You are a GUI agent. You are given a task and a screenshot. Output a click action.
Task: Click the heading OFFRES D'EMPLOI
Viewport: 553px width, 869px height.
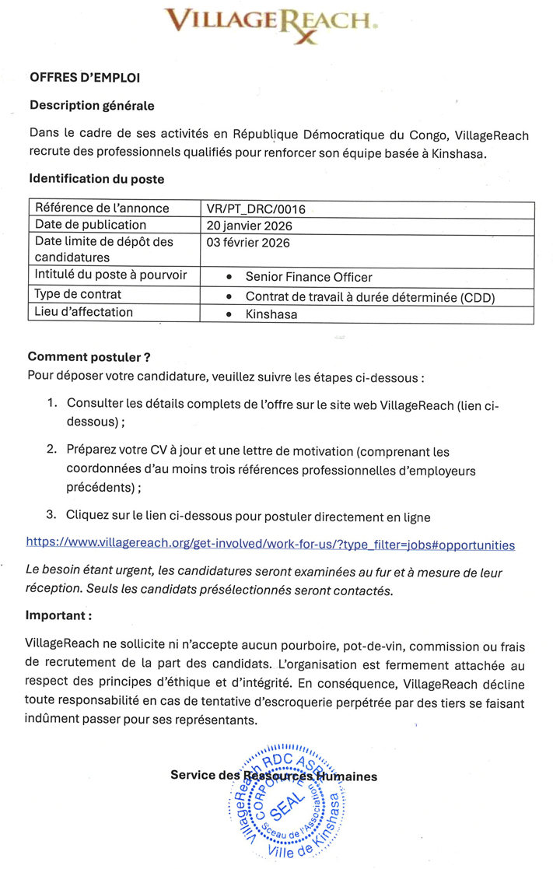(x=85, y=78)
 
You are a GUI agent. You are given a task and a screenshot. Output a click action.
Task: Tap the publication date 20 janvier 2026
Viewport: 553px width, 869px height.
(x=249, y=226)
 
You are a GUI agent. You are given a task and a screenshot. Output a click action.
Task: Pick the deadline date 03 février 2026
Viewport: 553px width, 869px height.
(x=248, y=243)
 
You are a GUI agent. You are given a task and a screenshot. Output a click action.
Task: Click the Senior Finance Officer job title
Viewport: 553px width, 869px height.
(x=309, y=277)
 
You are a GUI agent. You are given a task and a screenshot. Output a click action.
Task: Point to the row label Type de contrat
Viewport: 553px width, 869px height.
(x=78, y=295)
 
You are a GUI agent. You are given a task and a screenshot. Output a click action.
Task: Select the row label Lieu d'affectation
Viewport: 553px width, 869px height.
(x=84, y=313)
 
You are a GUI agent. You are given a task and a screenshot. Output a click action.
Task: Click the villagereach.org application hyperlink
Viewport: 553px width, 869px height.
(x=270, y=543)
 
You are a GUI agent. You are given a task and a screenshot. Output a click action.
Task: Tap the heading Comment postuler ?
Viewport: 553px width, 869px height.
(x=89, y=357)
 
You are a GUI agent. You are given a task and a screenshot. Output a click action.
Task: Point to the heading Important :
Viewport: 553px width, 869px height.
(x=59, y=615)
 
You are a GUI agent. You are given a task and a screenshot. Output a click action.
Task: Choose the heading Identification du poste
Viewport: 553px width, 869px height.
(x=96, y=179)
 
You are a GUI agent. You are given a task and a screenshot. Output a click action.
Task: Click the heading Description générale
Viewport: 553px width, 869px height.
(x=92, y=105)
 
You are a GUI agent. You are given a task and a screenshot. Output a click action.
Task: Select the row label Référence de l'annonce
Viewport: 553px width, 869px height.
(x=102, y=208)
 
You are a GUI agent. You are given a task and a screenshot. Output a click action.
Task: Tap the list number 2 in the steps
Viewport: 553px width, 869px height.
(x=51, y=450)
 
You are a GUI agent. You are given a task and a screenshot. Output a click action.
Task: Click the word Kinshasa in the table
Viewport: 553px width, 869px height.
(x=271, y=314)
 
